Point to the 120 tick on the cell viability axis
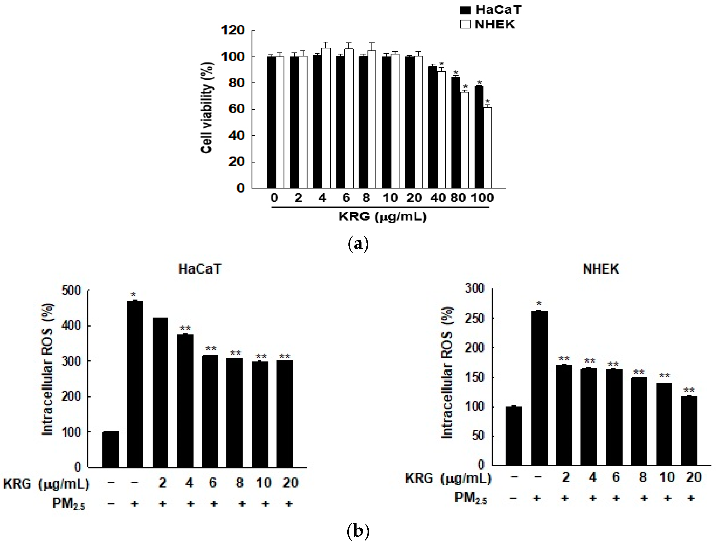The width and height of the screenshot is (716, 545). tap(233, 30)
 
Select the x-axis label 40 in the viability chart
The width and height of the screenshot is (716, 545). tap(438, 198)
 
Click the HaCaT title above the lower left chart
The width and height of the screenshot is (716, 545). tap(200, 269)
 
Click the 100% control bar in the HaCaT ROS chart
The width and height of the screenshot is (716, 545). tap(110, 449)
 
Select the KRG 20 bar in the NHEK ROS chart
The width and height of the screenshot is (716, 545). tap(689, 431)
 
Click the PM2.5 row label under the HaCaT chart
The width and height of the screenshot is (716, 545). tap(68, 504)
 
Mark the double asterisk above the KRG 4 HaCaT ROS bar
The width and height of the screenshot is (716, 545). tap(185, 328)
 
